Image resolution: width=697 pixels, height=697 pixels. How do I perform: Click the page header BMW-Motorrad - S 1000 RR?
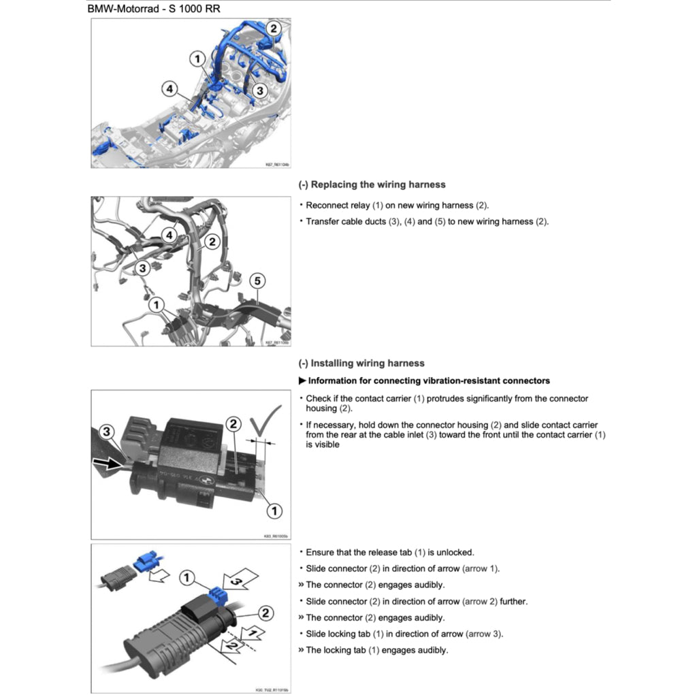pos(157,10)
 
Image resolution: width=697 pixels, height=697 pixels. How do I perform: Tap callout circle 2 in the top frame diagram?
pos(273,29)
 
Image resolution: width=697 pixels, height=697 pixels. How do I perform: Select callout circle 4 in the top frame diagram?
pos(169,88)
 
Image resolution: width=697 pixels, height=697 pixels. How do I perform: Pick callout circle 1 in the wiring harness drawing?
pos(157,304)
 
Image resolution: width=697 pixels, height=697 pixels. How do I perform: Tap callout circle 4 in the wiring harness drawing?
pos(168,235)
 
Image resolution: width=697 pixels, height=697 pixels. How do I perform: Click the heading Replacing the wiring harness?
pos(372,184)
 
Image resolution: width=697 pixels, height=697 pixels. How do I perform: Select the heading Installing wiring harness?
pos(361,363)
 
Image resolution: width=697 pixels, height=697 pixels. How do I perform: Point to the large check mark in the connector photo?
pos(261,422)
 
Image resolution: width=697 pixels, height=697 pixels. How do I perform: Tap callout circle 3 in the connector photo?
pos(107,432)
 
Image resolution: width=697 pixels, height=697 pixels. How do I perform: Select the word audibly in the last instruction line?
pos(432,650)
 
